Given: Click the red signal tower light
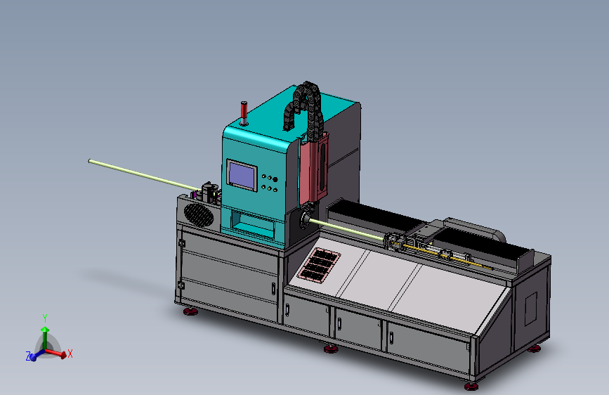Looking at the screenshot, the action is [x=244, y=113].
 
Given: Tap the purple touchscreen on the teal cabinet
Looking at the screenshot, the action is [x=242, y=175].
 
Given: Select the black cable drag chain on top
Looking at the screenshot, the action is [x=306, y=109].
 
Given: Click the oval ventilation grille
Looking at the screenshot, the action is [x=199, y=215].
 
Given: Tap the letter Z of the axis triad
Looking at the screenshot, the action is [x=28, y=356].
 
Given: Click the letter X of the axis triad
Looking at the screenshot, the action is [x=70, y=354].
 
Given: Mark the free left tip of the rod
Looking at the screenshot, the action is [x=90, y=161].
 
